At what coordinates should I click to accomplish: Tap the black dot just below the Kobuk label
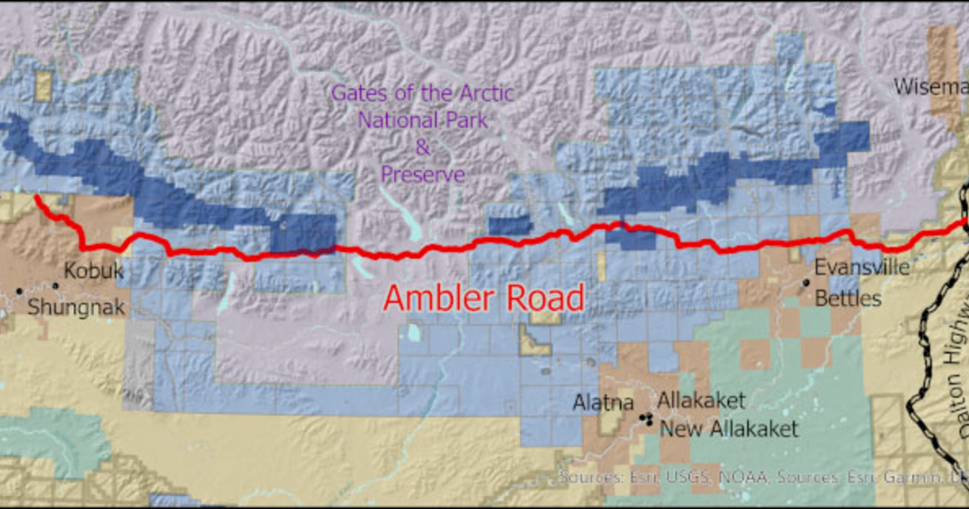[56, 285]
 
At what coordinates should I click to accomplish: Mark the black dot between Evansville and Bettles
[806, 283]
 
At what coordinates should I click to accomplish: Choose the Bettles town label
[847, 298]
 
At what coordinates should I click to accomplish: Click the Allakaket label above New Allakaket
[700, 400]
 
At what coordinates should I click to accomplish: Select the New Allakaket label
[728, 428]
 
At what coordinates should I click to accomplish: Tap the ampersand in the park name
[422, 148]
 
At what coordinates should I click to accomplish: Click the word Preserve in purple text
[422, 174]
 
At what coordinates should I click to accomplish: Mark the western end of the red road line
[37, 196]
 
